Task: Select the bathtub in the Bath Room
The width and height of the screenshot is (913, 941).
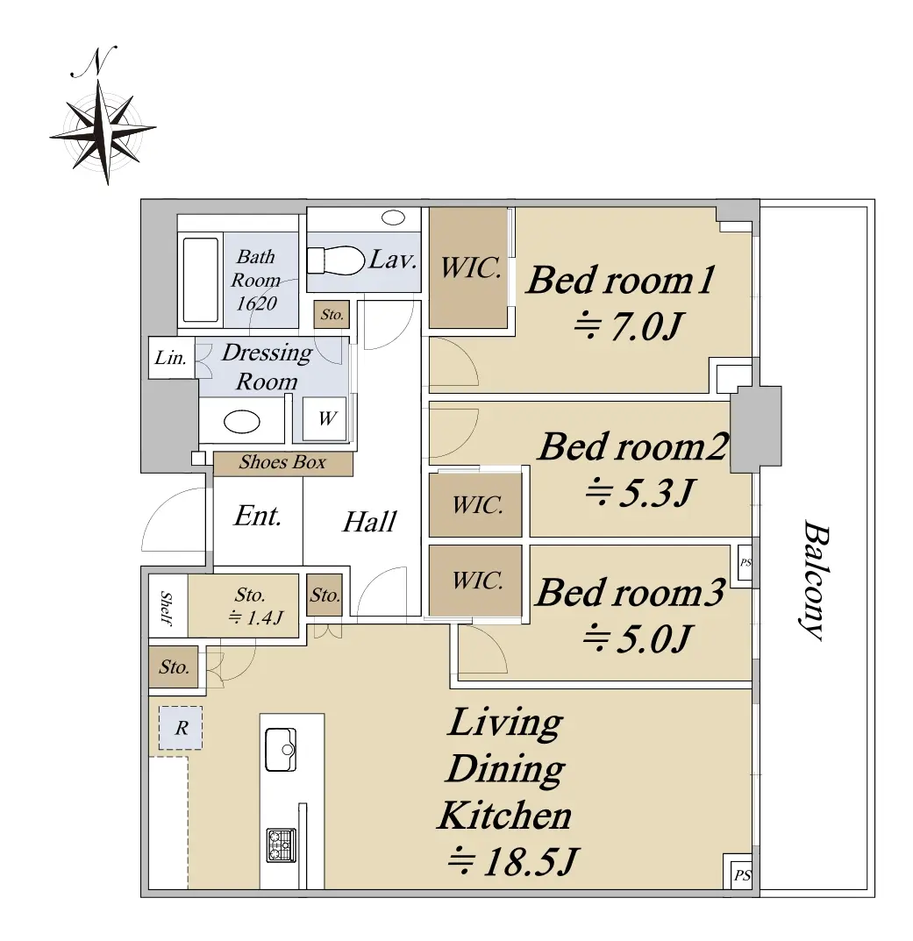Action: click(201, 281)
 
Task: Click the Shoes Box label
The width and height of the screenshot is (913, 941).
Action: click(282, 463)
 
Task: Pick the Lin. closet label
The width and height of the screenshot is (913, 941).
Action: click(170, 359)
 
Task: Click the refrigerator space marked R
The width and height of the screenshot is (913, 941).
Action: click(181, 728)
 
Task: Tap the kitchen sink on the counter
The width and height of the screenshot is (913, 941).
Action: click(281, 750)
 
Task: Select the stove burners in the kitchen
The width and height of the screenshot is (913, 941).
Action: click(281, 845)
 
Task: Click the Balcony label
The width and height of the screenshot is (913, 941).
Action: click(817, 581)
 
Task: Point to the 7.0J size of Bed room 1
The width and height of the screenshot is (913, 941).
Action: click(629, 327)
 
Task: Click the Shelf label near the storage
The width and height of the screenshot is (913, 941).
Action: click(167, 608)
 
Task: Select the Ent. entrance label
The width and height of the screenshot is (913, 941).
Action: click(258, 517)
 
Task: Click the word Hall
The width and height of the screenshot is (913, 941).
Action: click(370, 522)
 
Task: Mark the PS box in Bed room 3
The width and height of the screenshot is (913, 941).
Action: click(745, 562)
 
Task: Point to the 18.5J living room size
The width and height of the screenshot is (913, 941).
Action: click(514, 862)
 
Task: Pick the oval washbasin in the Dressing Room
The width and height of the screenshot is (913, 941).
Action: click(242, 422)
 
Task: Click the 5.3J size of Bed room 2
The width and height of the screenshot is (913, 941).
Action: click(640, 494)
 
